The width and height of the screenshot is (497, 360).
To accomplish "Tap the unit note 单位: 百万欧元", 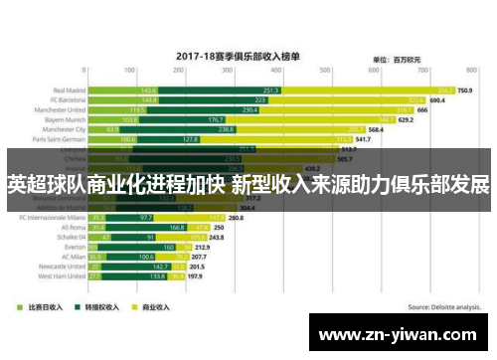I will (x=395, y=61).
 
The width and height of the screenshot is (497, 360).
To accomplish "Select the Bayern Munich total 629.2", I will (x=406, y=120).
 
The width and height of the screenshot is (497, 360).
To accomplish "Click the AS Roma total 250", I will (x=246, y=227).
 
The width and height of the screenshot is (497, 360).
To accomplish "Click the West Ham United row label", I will (x=61, y=275).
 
